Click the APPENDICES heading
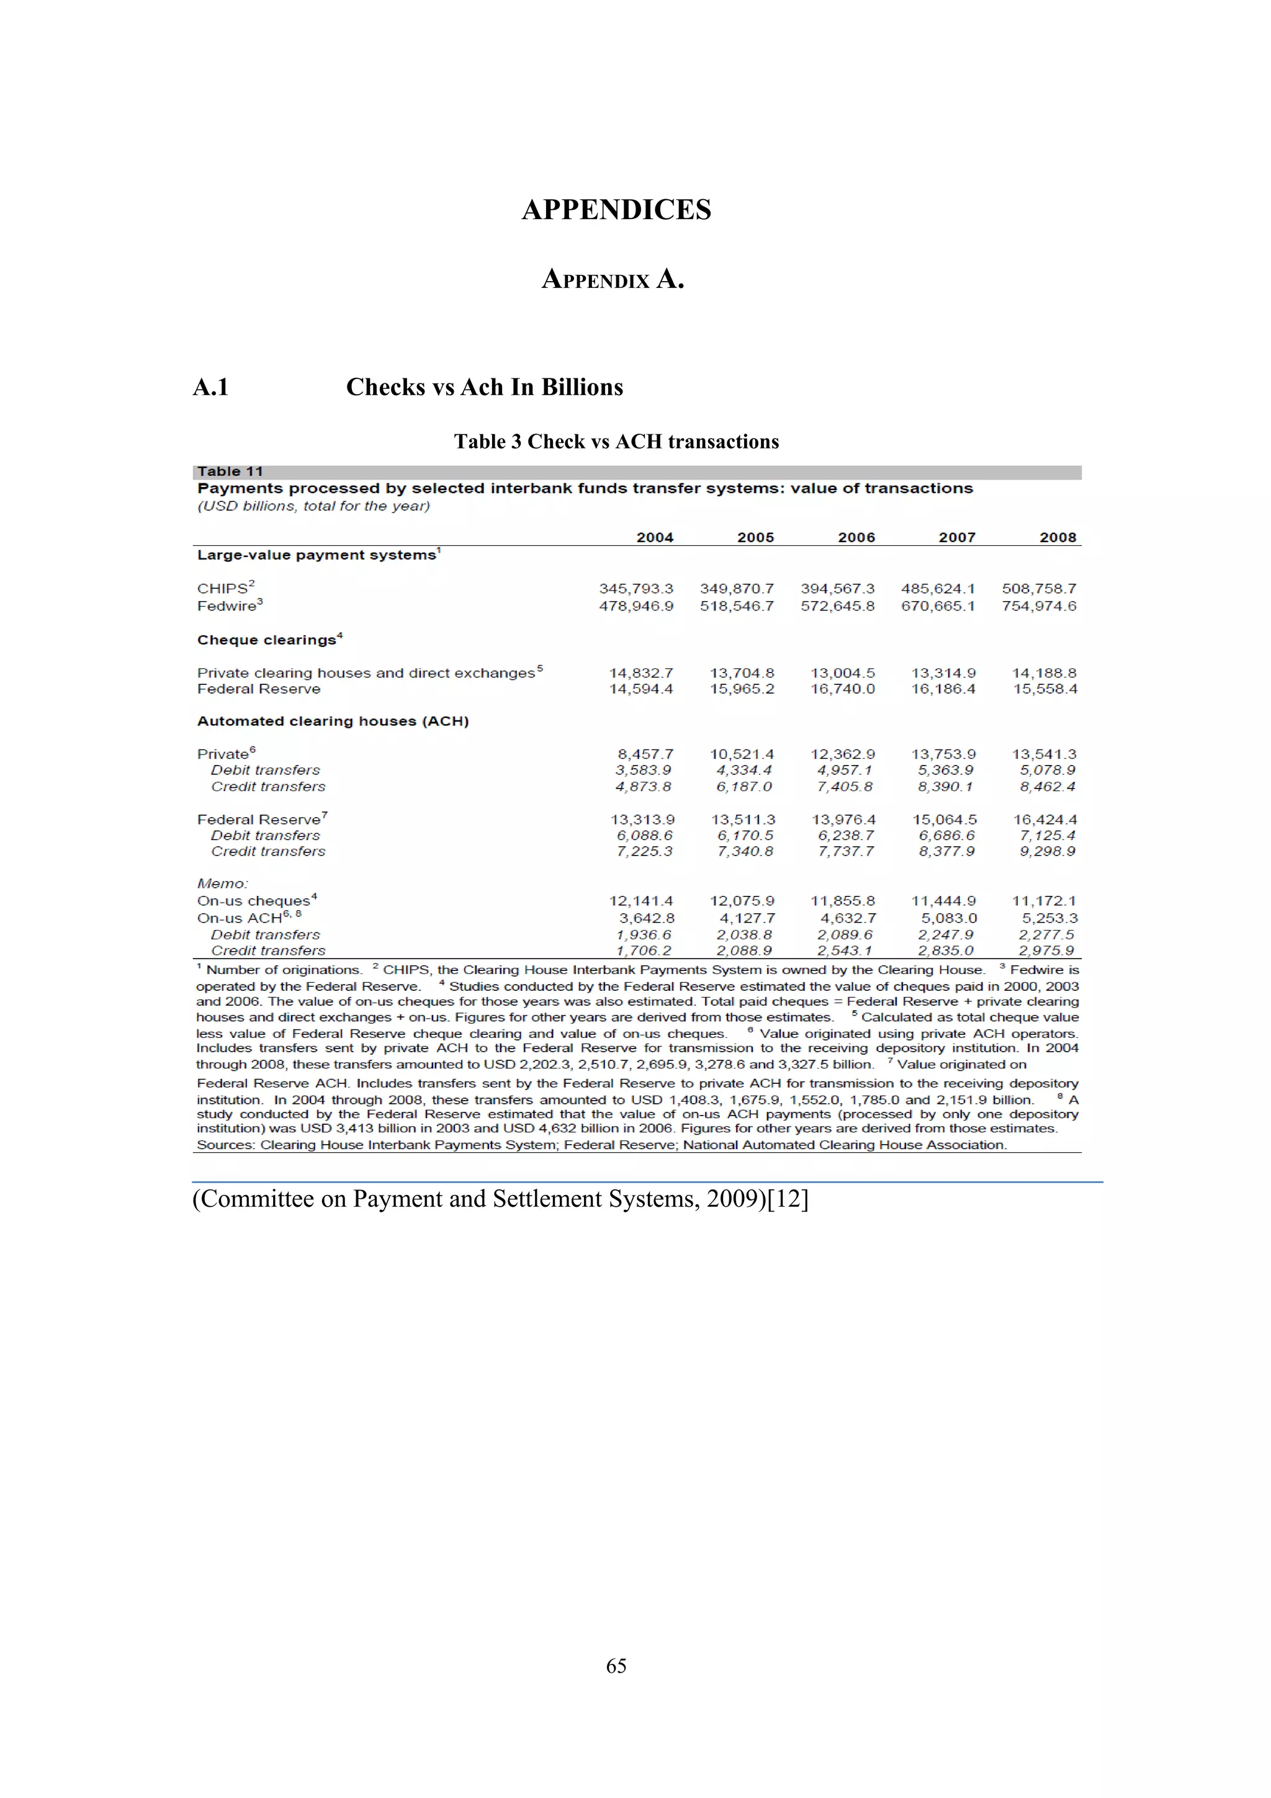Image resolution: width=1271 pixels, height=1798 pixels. pos(616,210)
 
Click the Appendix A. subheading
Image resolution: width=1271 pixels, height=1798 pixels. pos(613,279)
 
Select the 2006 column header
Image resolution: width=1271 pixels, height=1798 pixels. pos(856,537)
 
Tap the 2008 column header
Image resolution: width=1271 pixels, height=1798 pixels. pos(1058,537)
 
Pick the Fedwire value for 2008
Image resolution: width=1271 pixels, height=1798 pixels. pos(1038,606)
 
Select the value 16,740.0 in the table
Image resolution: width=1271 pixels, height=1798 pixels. pos(842,689)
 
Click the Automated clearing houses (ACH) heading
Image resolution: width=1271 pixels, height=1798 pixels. pos(333,721)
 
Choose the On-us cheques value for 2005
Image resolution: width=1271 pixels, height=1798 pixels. pos(742,901)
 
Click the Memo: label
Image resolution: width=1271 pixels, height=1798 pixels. pos(222,883)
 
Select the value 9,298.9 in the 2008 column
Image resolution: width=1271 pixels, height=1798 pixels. pos(1047,851)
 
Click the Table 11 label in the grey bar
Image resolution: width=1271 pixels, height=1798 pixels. pos(230,472)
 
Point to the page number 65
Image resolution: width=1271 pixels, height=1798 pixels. pos(616,1666)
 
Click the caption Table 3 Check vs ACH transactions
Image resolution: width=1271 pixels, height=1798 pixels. pos(616,442)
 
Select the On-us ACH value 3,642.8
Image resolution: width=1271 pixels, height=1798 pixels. pos(646,918)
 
